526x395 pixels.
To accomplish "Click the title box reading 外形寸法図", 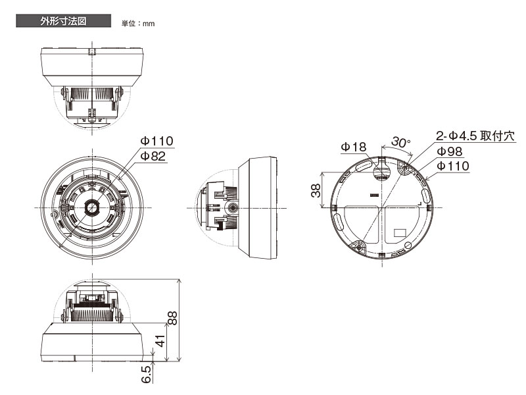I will tap(63, 22).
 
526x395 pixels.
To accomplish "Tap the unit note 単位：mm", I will tap(137, 24).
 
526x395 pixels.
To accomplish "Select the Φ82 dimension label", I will tap(153, 157).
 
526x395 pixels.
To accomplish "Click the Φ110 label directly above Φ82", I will tap(156, 142).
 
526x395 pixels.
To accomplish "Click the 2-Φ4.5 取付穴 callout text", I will tap(475, 136).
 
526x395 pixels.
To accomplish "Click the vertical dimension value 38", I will tap(316, 190).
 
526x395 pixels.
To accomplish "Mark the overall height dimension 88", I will tap(172, 319).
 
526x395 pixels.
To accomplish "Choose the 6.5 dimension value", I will tap(147, 375).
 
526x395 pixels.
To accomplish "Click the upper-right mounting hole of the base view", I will tap(405, 169).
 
